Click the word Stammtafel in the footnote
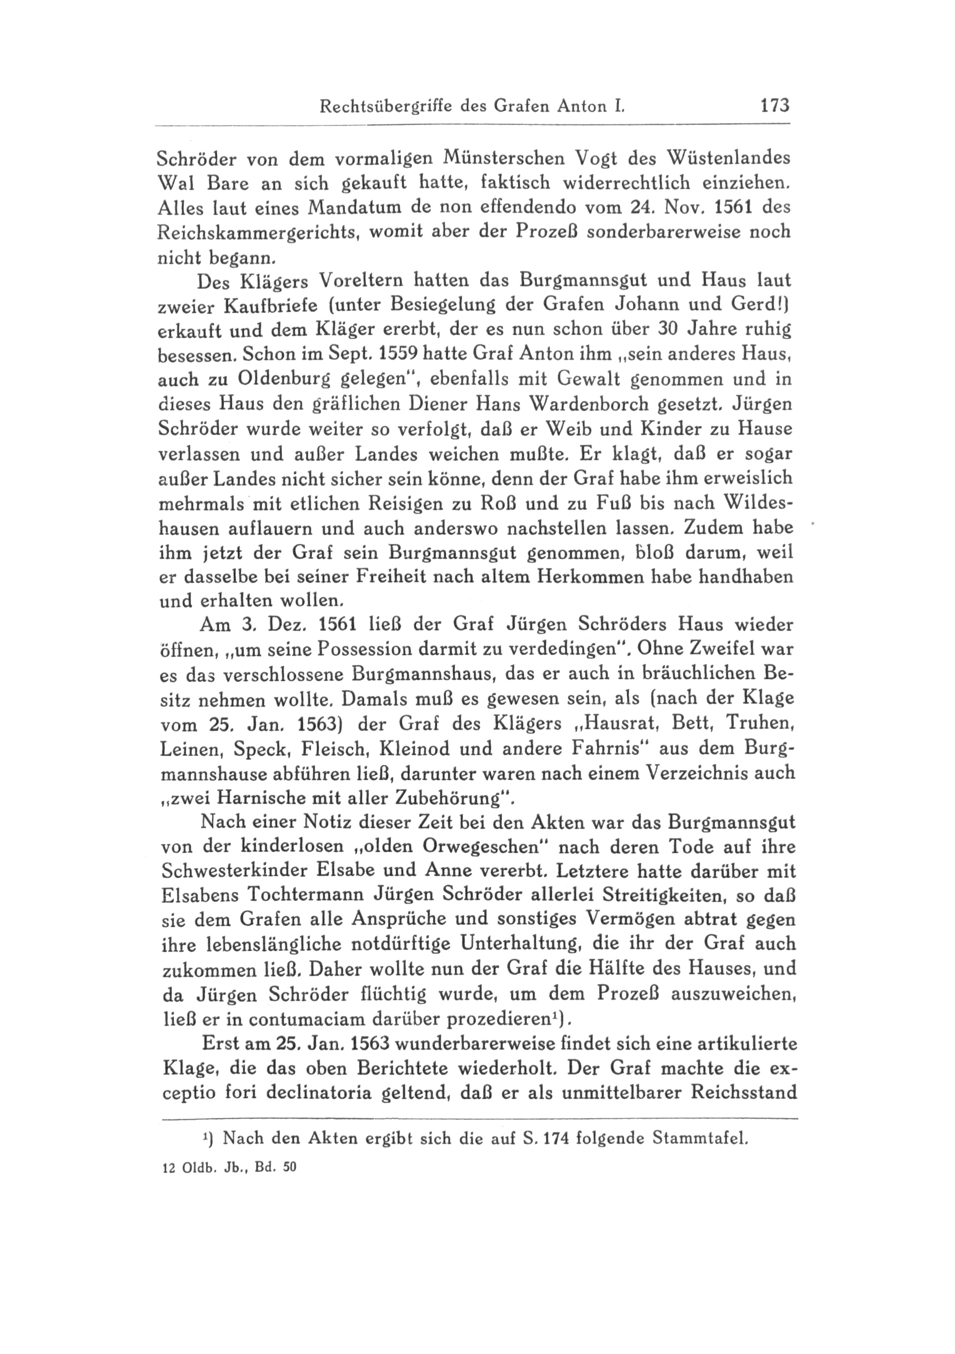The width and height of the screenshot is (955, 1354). tap(700, 1138)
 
